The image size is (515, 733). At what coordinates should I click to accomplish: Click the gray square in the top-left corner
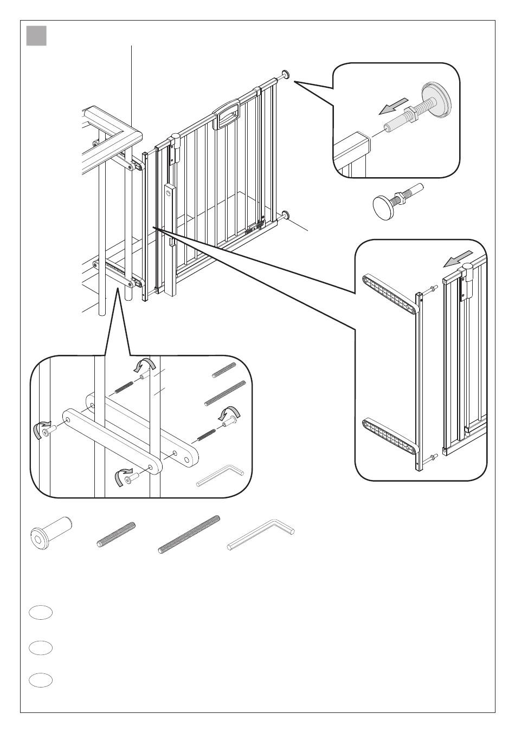[36, 36]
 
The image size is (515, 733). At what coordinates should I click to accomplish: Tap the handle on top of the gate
[226, 115]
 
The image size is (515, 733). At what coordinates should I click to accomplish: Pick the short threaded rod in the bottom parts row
[116, 534]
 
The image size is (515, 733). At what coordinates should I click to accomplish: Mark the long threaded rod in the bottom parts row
[189, 534]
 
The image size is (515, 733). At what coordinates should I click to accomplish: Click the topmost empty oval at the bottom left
[41, 613]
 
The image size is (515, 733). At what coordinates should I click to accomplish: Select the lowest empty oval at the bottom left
[41, 680]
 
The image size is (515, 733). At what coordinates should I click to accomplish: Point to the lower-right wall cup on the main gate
[286, 216]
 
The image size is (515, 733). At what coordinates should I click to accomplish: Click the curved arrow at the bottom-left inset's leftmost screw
[38, 430]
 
